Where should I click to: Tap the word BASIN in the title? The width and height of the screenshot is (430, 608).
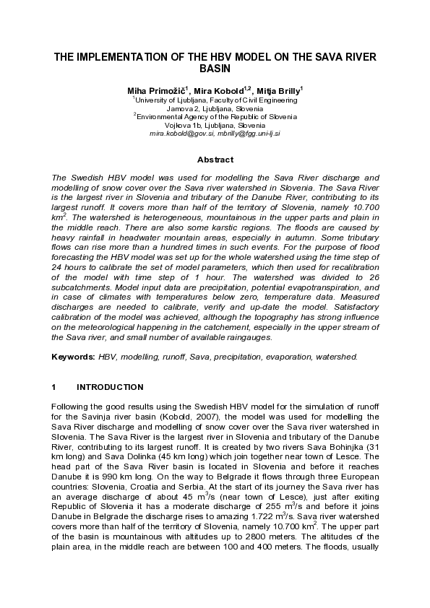point(215,69)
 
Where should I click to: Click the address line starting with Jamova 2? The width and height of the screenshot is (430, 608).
point(215,108)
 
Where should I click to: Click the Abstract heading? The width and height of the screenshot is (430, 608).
point(215,160)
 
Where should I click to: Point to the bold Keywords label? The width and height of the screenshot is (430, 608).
point(74,357)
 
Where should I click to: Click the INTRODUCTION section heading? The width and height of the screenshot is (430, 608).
point(110,387)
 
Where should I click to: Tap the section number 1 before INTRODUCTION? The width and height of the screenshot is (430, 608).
point(54,387)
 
